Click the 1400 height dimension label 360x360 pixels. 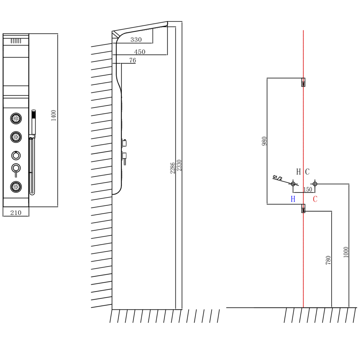point(53,115)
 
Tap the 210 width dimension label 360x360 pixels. point(16,213)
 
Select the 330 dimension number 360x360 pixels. point(136,40)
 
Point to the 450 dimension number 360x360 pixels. point(140,52)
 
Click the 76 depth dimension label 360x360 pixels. point(133,60)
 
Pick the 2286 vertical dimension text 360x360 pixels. point(172,168)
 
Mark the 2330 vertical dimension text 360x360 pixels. point(179,165)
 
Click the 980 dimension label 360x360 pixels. point(264,141)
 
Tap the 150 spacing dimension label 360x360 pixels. point(308,189)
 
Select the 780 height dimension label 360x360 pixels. point(328,260)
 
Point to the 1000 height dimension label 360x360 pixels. point(346,252)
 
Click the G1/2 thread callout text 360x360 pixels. point(277,178)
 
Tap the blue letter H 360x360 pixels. point(293,199)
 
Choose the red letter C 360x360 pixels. point(315,199)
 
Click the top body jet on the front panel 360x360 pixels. point(16,118)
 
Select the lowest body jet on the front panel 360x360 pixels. point(16,187)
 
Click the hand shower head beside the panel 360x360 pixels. point(33,122)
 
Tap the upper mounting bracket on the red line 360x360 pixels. point(303,82)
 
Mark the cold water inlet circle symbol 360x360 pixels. point(315,184)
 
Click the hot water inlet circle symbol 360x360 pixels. point(293,184)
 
